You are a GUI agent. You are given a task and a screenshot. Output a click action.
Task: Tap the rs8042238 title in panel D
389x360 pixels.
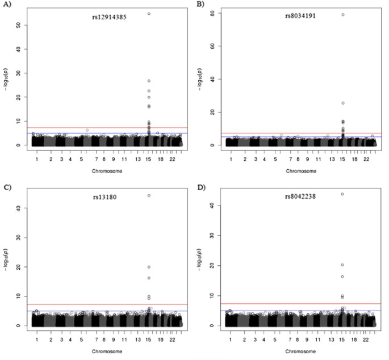[300, 197]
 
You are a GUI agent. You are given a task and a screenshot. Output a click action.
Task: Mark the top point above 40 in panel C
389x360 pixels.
[149, 195]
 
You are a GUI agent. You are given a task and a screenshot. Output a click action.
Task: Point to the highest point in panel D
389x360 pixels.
[342, 194]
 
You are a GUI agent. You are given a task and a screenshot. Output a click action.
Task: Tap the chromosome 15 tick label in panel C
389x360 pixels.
[149, 340]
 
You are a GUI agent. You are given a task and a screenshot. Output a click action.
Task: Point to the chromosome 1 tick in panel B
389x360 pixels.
[231, 159]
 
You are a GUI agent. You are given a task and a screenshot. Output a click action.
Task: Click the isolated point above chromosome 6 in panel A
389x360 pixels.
[87, 130]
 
